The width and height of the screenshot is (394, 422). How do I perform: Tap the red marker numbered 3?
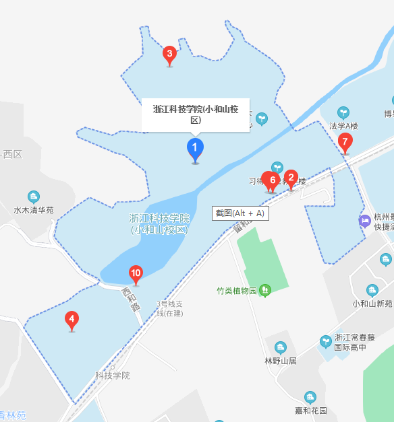[x=169, y=54]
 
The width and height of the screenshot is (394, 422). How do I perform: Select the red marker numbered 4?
[x=72, y=320]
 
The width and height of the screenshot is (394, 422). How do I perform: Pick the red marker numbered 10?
[x=136, y=273]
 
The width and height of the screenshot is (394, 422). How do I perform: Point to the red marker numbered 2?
[x=291, y=178]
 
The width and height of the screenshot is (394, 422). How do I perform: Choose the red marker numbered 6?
[x=272, y=180]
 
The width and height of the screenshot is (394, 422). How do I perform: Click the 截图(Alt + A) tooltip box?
[x=240, y=213]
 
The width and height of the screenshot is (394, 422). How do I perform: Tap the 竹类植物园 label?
[x=237, y=291]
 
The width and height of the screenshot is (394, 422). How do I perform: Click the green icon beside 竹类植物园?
[x=265, y=291]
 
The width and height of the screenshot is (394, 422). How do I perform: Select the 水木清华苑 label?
[x=34, y=210]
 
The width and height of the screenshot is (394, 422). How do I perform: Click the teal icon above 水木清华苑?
[x=34, y=196]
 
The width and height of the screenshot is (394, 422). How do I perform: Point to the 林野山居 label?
[x=281, y=361]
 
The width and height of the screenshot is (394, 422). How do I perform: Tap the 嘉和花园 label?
[x=310, y=411]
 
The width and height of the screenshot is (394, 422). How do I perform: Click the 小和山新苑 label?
[x=372, y=304]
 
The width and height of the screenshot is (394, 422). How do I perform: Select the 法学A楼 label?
[x=343, y=126]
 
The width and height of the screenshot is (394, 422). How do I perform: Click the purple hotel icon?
[x=364, y=220]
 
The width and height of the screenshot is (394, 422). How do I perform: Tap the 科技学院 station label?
[x=112, y=376]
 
